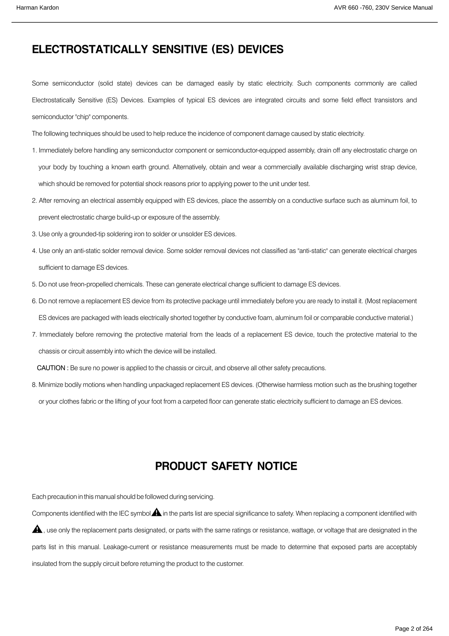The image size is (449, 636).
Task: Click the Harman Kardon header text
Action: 37,8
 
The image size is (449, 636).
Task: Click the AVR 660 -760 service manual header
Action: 383,8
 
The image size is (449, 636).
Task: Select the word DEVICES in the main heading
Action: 261,49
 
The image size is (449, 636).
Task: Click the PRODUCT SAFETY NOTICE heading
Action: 226,466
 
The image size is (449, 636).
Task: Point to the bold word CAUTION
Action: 51,368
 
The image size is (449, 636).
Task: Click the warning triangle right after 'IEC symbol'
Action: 156,512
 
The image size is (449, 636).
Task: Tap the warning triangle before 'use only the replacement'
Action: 37,529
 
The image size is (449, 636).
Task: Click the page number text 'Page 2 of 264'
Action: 414,629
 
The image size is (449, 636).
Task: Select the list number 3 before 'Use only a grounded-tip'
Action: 34,234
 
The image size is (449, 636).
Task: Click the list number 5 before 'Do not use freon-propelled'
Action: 34,284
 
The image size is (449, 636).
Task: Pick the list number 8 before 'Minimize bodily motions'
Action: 34,385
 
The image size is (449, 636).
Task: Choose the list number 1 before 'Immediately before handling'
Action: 34,151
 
